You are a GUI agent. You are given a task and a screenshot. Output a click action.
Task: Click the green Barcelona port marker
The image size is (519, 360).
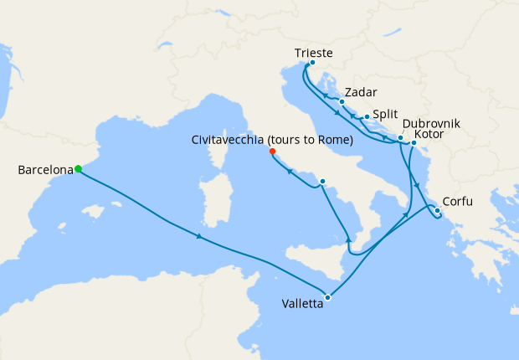point(78,169)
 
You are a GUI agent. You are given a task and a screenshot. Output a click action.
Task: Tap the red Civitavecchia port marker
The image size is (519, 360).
point(272,152)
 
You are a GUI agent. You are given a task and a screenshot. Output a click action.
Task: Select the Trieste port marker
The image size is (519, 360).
point(312,63)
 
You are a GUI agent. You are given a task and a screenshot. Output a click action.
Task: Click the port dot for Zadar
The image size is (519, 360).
point(342,102)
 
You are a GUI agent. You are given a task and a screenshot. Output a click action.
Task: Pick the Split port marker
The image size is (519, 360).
point(367,117)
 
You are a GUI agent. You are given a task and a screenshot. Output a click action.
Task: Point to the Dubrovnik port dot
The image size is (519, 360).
point(401,137)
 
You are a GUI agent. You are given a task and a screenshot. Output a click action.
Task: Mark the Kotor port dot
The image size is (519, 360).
point(414,143)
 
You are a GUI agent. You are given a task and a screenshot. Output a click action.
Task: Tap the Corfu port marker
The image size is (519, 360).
point(437,210)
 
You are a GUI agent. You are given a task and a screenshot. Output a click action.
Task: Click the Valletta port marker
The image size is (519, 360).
point(328,297)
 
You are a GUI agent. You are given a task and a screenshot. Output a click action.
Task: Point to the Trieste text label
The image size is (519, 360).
point(313,52)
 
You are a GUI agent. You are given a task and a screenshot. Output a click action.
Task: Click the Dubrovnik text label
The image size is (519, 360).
point(431,124)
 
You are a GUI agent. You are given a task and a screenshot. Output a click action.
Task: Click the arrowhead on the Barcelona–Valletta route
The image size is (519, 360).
point(199,237)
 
